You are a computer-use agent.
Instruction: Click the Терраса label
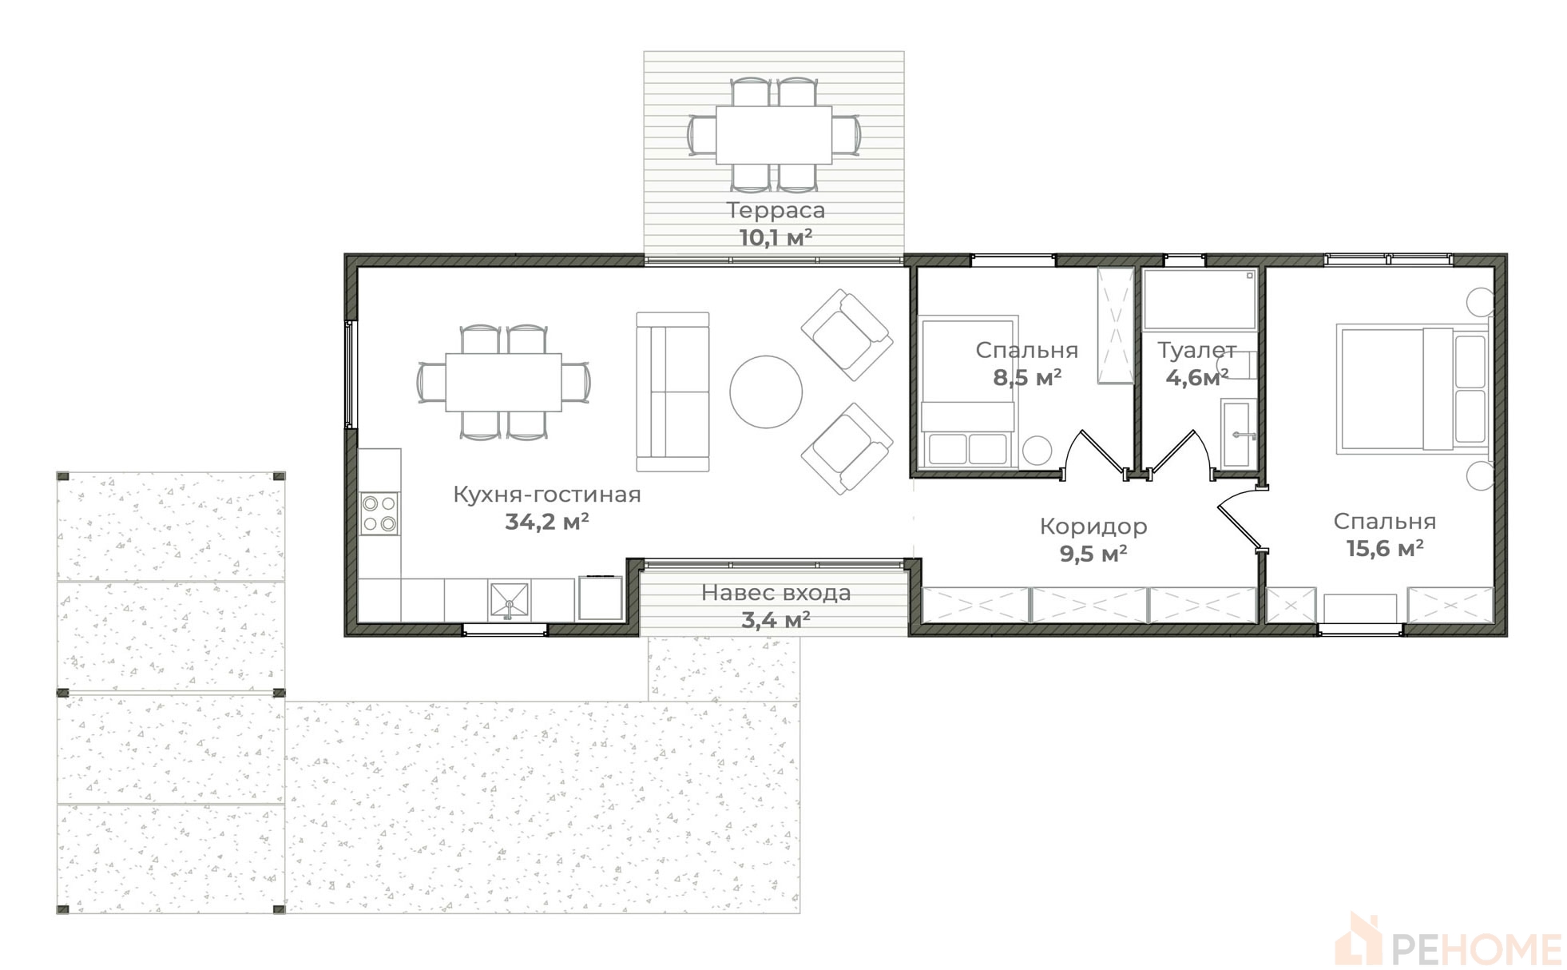tap(775, 211)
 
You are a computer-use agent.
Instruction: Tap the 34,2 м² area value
tap(547, 522)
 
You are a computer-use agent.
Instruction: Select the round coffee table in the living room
tap(766, 392)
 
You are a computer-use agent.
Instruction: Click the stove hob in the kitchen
tap(379, 514)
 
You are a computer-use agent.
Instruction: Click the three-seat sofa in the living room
tap(672, 392)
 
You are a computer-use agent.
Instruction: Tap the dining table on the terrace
tap(773, 135)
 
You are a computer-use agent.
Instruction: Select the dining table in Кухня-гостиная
tap(503, 382)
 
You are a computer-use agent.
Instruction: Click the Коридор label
tap(1093, 527)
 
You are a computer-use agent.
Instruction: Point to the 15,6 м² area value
tap(1385, 549)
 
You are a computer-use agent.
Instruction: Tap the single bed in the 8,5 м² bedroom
tap(968, 392)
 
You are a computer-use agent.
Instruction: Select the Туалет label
tap(1196, 351)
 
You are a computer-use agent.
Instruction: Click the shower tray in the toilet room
tap(1200, 300)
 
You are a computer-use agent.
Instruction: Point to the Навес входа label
tap(776, 593)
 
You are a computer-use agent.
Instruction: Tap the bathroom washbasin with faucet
tap(1238, 434)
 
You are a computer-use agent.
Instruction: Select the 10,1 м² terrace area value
tap(776, 238)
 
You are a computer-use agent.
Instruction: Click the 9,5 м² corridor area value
tap(1093, 554)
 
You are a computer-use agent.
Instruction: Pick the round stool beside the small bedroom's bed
tap(1037, 451)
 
